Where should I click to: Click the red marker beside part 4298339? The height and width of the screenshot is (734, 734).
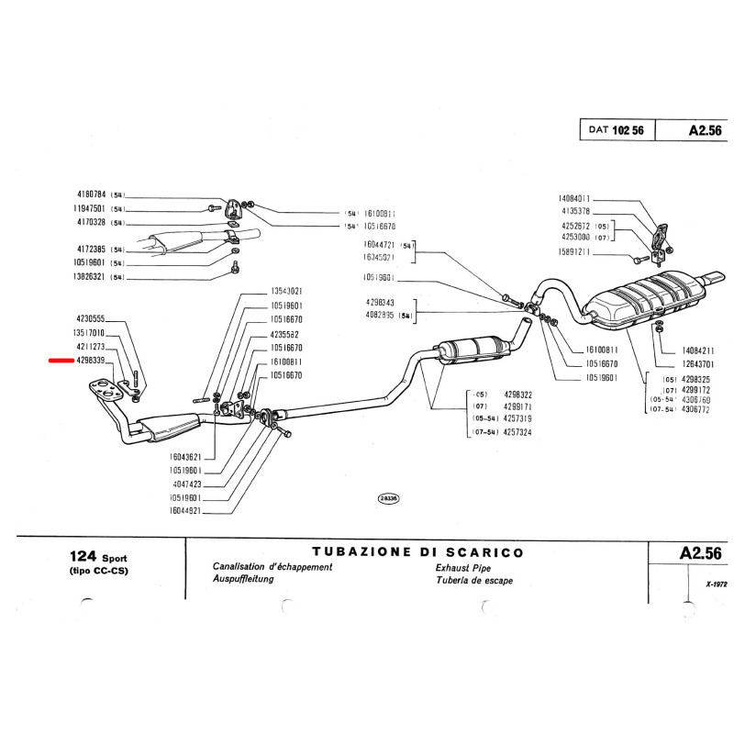[61, 361]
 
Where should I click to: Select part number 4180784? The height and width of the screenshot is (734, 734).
[92, 195]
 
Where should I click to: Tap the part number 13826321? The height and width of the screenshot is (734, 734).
[91, 275]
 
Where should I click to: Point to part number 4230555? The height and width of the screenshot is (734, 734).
[91, 317]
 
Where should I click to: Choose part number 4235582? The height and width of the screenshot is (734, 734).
[286, 334]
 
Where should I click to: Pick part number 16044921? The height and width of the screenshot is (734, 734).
[190, 511]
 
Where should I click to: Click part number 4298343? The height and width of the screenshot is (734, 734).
[379, 303]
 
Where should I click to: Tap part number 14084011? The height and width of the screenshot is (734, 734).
[573, 198]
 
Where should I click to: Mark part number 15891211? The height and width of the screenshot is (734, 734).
[573, 252]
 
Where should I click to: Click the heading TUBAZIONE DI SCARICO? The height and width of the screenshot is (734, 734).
[417, 552]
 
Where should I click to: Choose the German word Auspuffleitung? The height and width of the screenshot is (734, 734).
[243, 580]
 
